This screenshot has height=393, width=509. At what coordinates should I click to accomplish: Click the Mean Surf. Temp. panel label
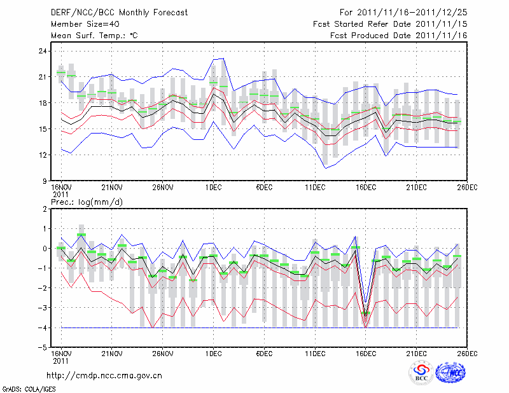[94, 36]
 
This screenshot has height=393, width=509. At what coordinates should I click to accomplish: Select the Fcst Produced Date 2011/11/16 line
[398, 36]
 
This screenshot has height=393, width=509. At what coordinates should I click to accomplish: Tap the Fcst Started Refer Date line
[390, 24]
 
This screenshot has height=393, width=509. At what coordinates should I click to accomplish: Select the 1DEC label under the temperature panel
[213, 188]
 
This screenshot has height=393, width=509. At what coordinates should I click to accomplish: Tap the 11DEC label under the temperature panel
[315, 188]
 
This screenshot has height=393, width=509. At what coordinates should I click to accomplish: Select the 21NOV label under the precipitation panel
[111, 353]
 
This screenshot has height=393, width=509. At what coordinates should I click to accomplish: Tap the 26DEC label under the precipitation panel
[467, 353]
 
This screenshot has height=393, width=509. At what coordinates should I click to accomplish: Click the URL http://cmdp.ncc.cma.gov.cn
[105, 375]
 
